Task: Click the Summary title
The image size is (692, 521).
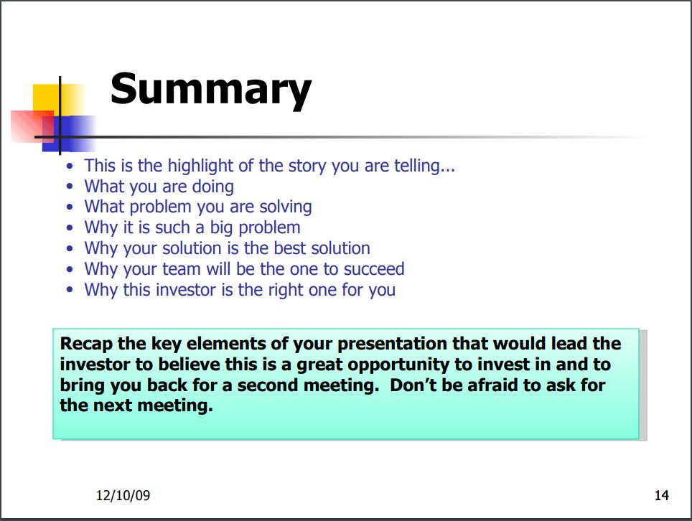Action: (x=211, y=90)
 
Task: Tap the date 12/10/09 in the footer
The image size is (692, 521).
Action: (x=123, y=495)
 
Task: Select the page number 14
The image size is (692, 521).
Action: (x=662, y=495)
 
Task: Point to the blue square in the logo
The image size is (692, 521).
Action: (x=68, y=133)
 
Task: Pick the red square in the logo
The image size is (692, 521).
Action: (x=32, y=126)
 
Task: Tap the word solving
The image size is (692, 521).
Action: (x=286, y=207)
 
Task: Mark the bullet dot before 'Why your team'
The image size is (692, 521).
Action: (x=70, y=269)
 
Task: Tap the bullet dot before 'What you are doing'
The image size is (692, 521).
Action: (x=70, y=187)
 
